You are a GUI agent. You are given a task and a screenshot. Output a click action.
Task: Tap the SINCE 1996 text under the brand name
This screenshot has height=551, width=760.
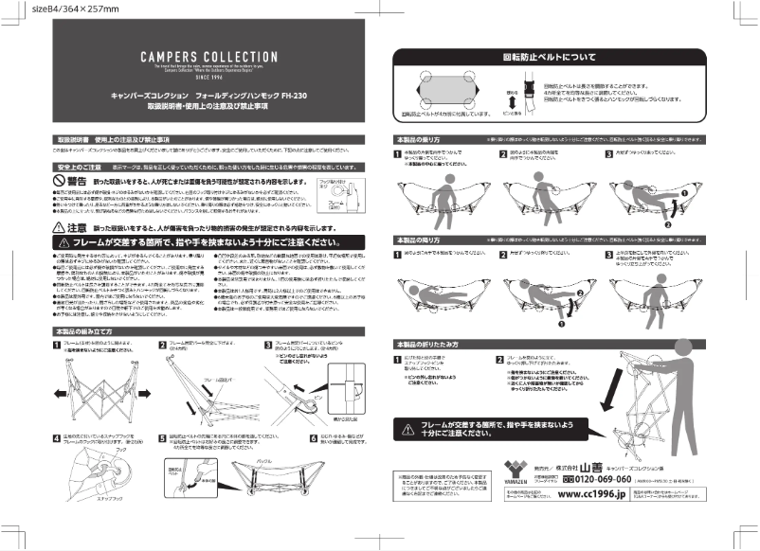pyautogui.click(x=186, y=80)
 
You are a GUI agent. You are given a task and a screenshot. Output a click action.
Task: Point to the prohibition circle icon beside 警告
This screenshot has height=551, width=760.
pyautogui.click(x=61, y=180)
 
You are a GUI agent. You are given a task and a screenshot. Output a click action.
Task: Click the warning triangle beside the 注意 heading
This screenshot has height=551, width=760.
pyautogui.click(x=59, y=228)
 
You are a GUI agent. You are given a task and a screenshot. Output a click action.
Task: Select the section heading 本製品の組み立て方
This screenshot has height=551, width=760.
pyautogui.click(x=86, y=331)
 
